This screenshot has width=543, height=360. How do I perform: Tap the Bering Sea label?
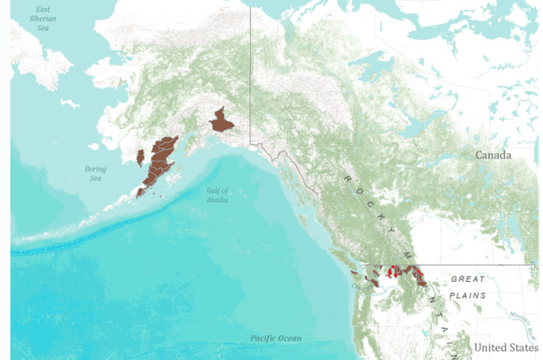(95, 173)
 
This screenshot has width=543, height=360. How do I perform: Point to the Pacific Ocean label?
(275, 338)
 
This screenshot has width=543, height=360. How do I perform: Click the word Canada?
(494, 154)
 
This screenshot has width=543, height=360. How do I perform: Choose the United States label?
(506, 347)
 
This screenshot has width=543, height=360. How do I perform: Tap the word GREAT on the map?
(468, 279)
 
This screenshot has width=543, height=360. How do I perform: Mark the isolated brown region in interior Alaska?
(220, 121)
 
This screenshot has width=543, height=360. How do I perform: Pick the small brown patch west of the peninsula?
(140, 158)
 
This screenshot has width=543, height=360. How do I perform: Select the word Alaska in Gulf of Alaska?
(217, 200)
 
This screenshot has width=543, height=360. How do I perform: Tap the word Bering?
(95, 168)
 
